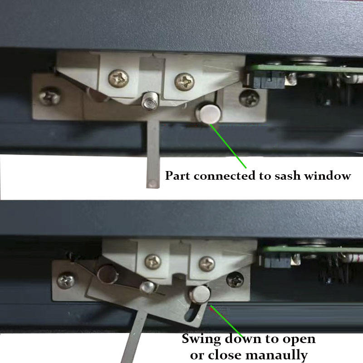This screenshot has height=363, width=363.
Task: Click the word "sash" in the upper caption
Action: pos(288,176)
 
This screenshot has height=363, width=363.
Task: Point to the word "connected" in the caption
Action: pos(225,176)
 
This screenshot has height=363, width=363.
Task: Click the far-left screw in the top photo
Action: pos(49,96)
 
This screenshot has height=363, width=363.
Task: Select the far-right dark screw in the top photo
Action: pos(249,98)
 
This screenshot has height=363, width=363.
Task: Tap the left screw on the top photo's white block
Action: pos(118,78)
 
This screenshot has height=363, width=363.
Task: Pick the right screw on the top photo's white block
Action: pos(185,82)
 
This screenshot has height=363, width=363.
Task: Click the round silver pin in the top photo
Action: pos(209,113)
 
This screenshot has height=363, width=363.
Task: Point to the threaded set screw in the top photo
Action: pos(149,101)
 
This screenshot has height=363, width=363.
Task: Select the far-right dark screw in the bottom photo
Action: pos(235,279)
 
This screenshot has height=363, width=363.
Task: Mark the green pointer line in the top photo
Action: pos(228,146)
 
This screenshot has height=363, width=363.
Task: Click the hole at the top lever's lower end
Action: pos(152,184)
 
